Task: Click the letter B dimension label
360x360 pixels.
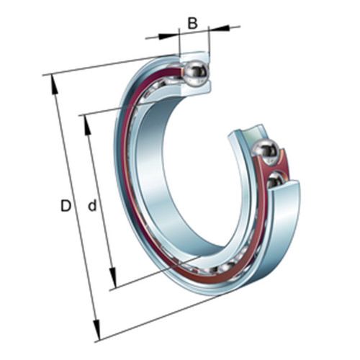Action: tap(192, 24)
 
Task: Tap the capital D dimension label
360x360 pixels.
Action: tap(66, 206)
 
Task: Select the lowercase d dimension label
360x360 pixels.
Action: tap(92, 205)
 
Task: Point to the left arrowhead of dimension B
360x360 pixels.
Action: tap(168, 36)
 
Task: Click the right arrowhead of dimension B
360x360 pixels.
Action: tap(220, 28)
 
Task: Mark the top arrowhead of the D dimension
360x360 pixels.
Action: tap(54, 85)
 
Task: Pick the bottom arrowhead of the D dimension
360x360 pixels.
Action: tap(96, 330)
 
